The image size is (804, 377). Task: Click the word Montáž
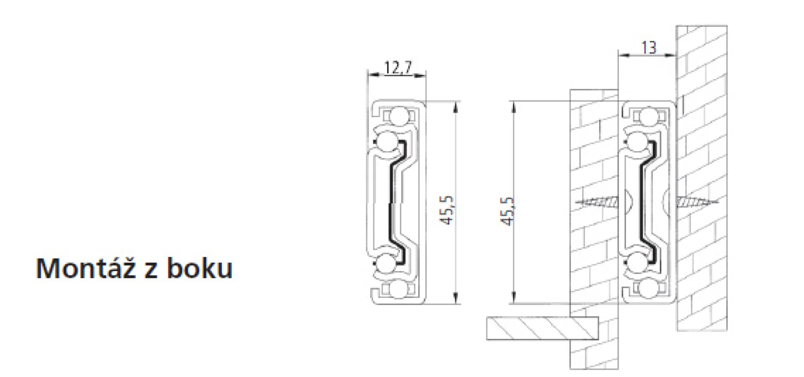(x=86, y=268)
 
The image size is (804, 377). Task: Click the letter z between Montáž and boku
(x=151, y=271)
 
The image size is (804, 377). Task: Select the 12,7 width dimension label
(x=398, y=67)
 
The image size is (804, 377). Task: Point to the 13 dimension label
(x=649, y=48)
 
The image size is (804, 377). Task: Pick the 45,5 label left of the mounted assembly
(x=507, y=211)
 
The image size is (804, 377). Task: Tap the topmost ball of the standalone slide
(x=399, y=116)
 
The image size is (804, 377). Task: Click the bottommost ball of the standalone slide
(x=399, y=290)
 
